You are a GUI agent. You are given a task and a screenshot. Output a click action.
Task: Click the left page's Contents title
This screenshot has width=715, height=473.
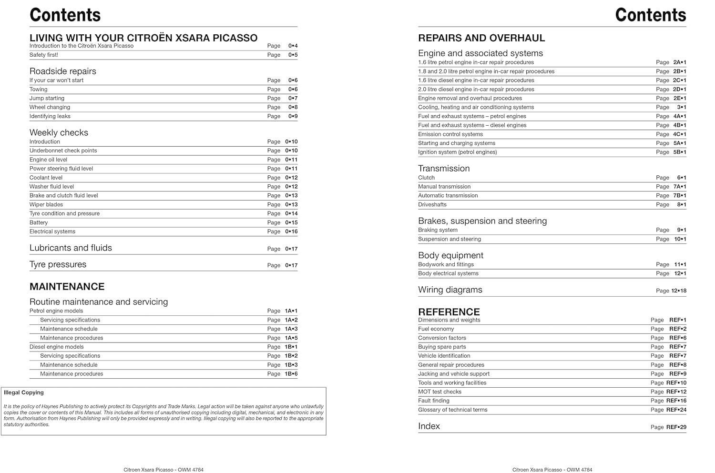65,15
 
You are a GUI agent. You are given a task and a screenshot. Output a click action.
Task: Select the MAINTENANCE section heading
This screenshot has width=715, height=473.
67,286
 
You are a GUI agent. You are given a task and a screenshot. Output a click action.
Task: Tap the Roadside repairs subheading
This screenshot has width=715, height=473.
63,71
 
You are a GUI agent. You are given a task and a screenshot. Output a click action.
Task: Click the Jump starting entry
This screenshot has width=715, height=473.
47,98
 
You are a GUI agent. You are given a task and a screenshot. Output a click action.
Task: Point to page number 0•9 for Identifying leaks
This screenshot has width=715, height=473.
293,116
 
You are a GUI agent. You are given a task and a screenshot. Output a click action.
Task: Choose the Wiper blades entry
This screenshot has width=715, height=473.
46,204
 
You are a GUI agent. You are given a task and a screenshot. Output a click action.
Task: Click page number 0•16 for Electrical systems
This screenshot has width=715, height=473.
291,231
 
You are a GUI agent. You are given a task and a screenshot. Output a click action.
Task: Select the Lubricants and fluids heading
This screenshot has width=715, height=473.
71,248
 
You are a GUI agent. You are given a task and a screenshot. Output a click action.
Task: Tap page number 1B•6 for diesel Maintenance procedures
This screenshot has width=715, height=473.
291,374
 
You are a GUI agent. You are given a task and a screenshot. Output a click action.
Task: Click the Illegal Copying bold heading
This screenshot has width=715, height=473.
24,392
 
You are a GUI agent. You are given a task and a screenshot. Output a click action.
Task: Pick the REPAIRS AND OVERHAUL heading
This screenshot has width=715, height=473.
481,38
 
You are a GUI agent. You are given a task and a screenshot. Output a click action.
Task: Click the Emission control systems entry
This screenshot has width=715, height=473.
450,134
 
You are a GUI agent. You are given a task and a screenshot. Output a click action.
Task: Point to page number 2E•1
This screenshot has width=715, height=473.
679,98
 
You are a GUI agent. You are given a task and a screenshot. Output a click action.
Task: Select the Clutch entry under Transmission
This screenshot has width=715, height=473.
426,178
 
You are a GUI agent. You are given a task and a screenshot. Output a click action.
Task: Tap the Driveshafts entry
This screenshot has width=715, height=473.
432,204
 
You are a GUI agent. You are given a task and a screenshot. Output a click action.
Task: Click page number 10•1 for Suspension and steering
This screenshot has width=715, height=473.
680,239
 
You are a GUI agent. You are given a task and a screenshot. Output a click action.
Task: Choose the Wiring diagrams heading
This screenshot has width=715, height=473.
450,290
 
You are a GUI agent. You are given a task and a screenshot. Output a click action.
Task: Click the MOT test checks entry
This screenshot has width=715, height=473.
439,392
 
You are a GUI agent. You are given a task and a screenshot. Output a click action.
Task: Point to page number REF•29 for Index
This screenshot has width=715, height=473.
676,427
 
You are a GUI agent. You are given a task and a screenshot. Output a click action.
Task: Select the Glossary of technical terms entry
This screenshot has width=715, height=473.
452,410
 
